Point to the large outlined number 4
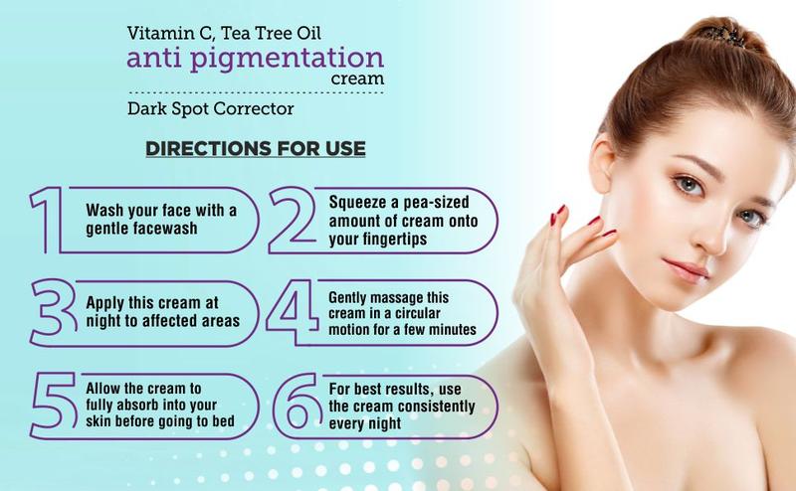297,309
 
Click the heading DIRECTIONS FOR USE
256,149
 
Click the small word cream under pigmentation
359,79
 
